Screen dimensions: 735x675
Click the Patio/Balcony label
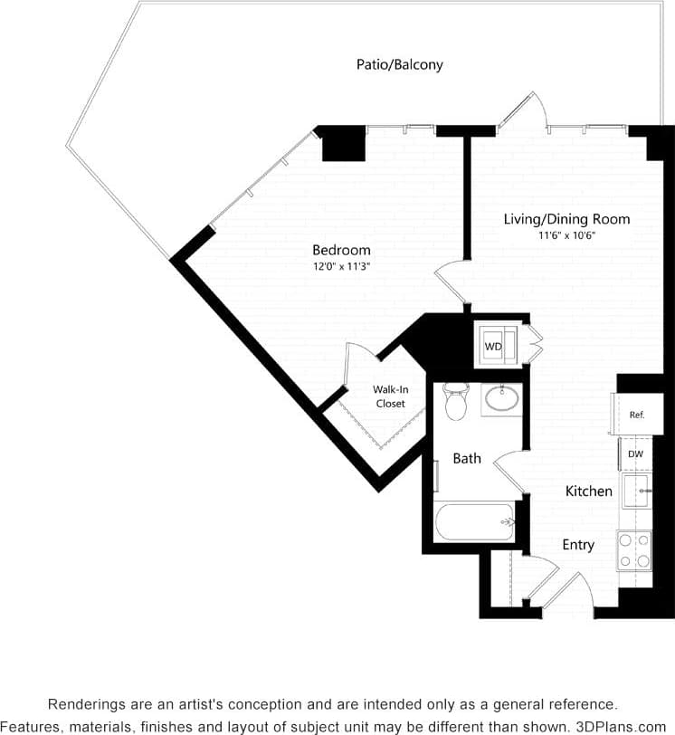pyautogui.click(x=399, y=65)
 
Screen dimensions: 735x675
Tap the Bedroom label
pyautogui.click(x=341, y=250)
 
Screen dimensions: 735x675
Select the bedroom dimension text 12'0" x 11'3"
pyautogui.click(x=341, y=267)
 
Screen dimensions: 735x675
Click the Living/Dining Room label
pyautogui.click(x=566, y=219)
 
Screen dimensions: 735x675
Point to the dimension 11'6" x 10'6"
pyautogui.click(x=566, y=235)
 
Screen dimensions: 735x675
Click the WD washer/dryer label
pyautogui.click(x=493, y=347)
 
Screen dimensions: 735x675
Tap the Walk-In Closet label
pyautogui.click(x=389, y=396)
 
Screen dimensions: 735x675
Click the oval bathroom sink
pyautogui.click(x=500, y=397)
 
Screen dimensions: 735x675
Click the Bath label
pyautogui.click(x=467, y=459)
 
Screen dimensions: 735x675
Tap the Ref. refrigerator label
pyautogui.click(x=636, y=415)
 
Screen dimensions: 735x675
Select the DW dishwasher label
pyautogui.click(x=635, y=454)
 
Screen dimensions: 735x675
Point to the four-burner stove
pyautogui.click(x=634, y=549)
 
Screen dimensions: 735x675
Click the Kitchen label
pyautogui.click(x=589, y=492)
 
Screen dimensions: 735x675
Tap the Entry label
pyautogui.click(x=578, y=545)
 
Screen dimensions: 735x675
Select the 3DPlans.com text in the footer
pyautogui.click(x=621, y=727)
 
